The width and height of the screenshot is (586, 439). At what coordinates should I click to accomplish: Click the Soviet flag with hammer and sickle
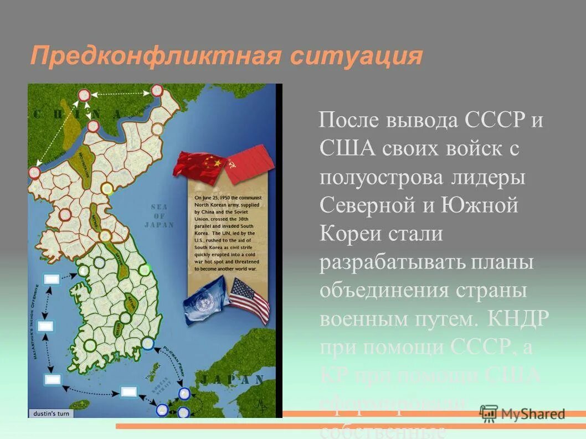pos(249,164)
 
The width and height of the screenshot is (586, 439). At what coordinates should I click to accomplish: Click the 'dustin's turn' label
pos(50,414)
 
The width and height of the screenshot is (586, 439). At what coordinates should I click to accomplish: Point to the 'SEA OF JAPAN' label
pos(159,216)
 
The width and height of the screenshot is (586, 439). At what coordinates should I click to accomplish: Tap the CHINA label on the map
pos(78,114)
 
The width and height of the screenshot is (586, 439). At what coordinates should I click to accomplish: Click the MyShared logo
pos(523,414)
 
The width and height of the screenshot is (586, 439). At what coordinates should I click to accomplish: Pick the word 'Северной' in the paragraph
pos(368,205)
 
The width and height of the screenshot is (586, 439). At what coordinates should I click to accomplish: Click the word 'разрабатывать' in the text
pos(393,262)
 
